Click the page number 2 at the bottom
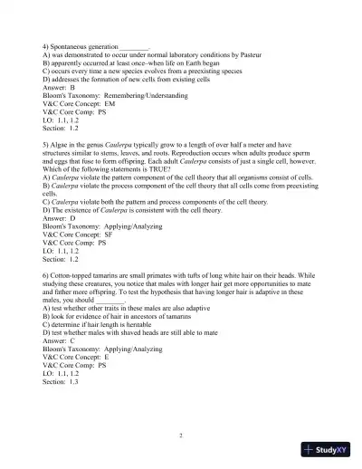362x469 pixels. tap(181, 435)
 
